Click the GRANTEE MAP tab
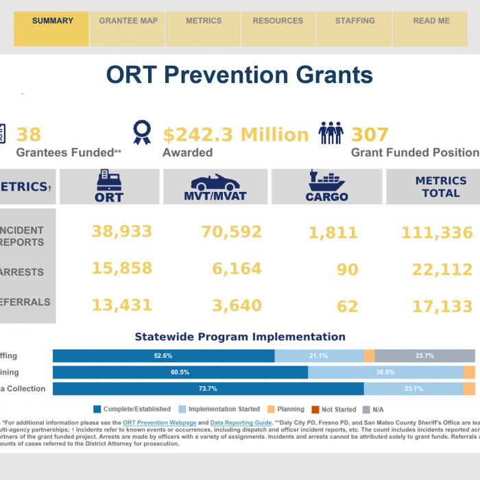pos(128,21)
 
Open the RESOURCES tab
pos(278,21)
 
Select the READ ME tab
pos(431,21)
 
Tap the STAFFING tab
pos(355,21)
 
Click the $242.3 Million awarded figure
pos(236,134)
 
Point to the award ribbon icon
pos(142,133)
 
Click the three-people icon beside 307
pos(331,133)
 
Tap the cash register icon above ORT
pos(109,180)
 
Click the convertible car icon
pos(215,182)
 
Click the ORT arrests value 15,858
pos(122,269)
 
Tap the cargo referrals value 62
pos(348,306)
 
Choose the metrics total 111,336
pos(437,234)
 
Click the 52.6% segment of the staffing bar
pos(163,356)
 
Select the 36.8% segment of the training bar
pos(385,372)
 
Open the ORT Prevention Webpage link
pos(160,423)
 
